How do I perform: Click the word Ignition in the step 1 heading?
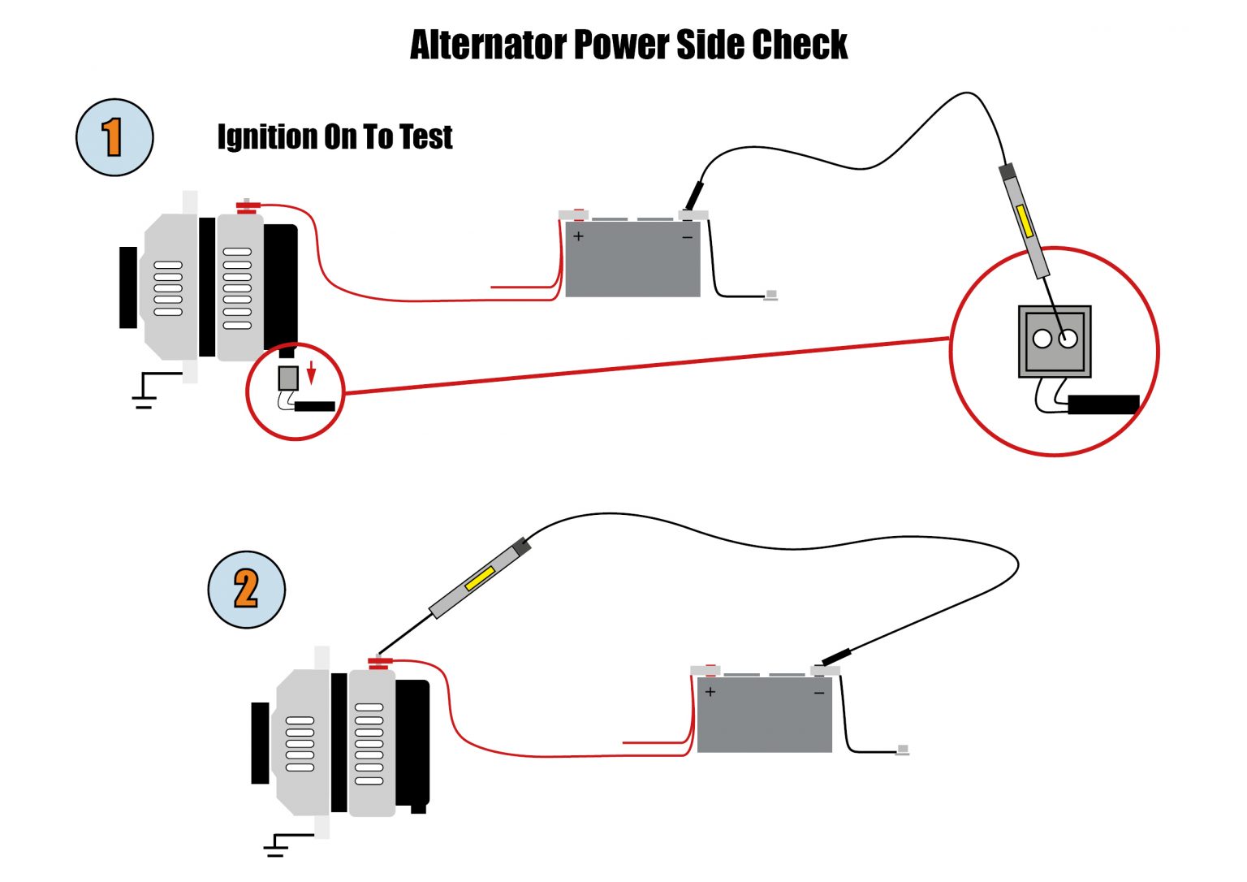pos(267,137)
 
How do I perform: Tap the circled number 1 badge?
pos(114,137)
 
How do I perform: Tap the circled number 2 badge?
pos(246,590)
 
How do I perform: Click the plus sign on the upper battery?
pos(578,236)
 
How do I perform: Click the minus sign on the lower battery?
pos(818,693)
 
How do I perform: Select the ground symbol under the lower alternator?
pos(278,846)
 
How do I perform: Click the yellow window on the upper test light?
pos(1025,221)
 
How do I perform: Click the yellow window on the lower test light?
pos(479,578)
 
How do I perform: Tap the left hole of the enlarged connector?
pos(1042,339)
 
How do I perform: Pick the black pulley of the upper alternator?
pos(128,288)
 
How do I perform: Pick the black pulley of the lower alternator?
pos(260,742)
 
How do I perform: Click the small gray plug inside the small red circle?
pos(288,378)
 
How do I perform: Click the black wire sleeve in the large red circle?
pos(1102,404)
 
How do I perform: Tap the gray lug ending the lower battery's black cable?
pos(903,749)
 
